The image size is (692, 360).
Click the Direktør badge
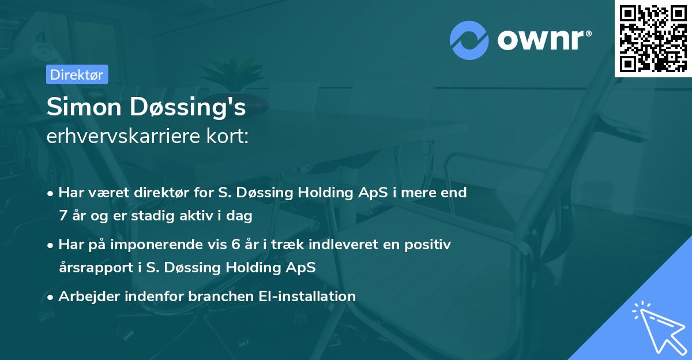(x=77, y=74)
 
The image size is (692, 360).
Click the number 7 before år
(x=62, y=216)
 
